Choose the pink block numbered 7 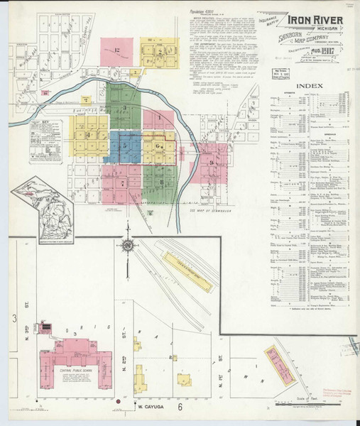tap(122, 183)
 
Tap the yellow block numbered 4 tap(89, 135)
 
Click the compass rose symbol tap(128, 246)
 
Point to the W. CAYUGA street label tap(151, 408)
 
